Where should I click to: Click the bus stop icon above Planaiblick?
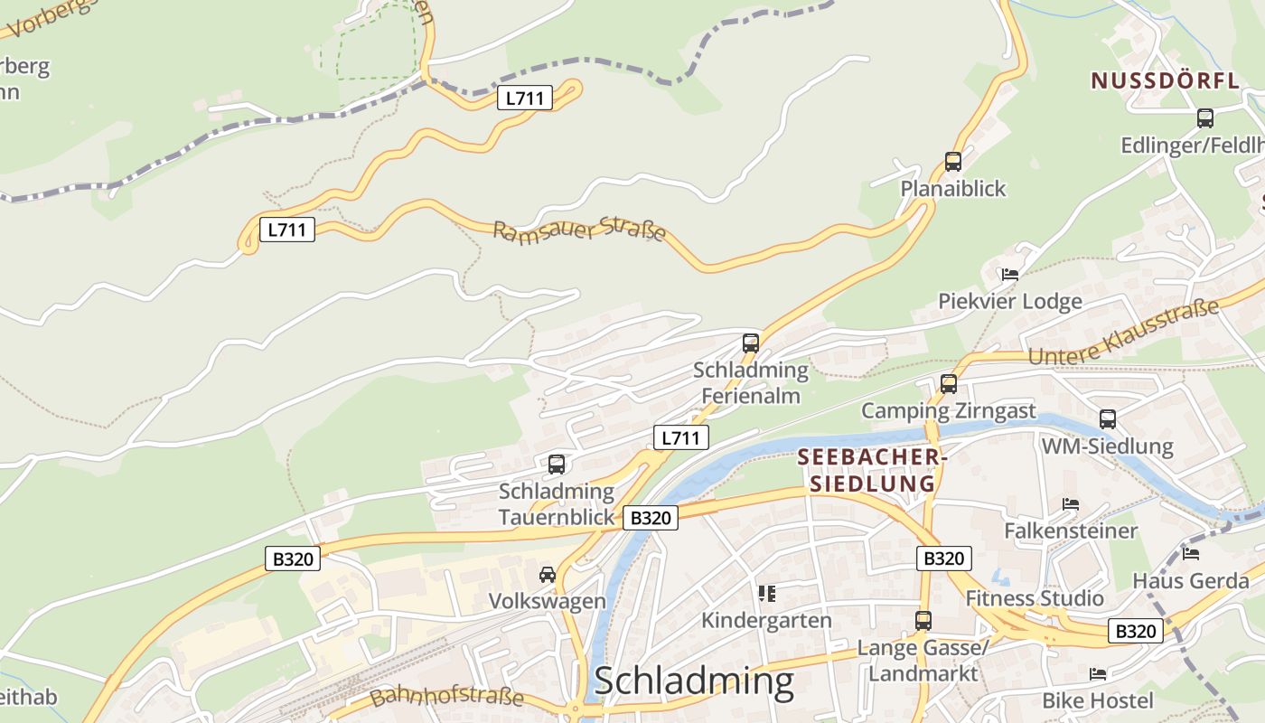coord(953,162)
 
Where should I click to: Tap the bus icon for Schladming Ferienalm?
coord(751,343)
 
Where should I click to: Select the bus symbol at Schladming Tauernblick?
coord(557,465)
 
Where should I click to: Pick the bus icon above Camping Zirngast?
coord(949,384)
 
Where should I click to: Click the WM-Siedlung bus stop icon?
coord(1108,419)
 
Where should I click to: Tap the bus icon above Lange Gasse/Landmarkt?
coord(923,621)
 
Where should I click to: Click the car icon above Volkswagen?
coord(548,575)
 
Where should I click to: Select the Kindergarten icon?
coord(767,594)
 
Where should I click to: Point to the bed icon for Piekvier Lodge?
coord(1010,275)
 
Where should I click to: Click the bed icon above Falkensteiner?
coord(1071,504)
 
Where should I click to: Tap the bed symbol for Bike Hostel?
coord(1098,674)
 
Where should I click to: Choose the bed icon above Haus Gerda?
coord(1191,554)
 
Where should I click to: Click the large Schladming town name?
coord(694,681)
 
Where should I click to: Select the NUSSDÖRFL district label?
coord(1165,80)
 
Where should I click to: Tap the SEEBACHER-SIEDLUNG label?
coord(872,471)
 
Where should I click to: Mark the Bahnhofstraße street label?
coord(446,697)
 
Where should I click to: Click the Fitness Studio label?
coord(1035,598)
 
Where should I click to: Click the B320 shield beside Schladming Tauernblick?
coord(651,518)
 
